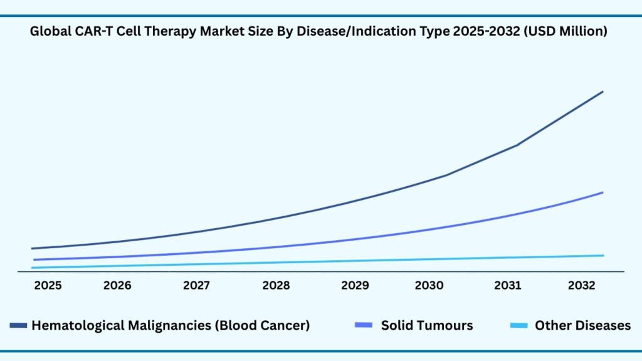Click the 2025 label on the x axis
tap(48, 286)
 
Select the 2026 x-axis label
tap(117, 286)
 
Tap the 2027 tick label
tap(197, 286)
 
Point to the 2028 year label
tap(276, 286)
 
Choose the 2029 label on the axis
tap(355, 286)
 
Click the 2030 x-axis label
tap(429, 286)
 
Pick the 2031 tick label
tap(507, 286)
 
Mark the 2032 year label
tap(582, 286)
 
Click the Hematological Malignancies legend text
tap(171, 325)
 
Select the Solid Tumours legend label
tap(427, 325)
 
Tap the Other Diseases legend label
tap(582, 325)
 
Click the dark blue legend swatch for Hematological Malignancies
tap(19, 325)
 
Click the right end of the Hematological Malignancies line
tap(603, 92)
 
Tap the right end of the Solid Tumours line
tap(603, 192)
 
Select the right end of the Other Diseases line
tap(603, 255)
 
